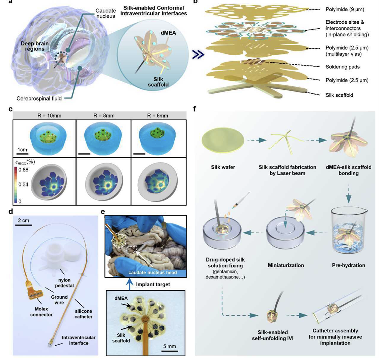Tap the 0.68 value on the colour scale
pos(23,170)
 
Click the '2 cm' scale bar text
pos(23,220)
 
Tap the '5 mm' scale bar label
pos(169,346)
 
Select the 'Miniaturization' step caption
pos(286,265)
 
